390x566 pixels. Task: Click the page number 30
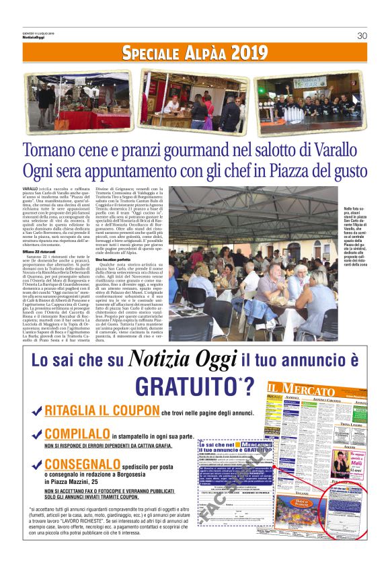(x=362, y=36)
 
